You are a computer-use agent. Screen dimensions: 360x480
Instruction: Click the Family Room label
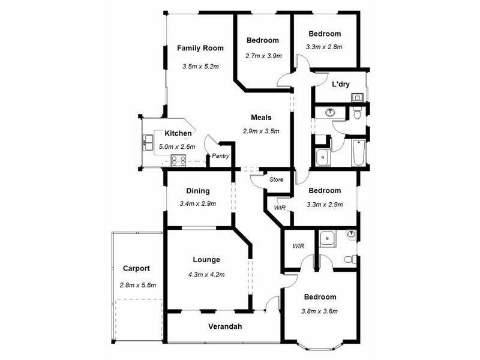200,48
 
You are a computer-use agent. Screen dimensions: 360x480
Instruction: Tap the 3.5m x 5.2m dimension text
200,66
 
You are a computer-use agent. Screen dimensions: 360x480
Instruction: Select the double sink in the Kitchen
148,143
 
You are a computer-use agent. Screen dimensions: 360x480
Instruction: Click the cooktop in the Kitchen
178,160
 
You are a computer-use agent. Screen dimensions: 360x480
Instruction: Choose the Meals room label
262,118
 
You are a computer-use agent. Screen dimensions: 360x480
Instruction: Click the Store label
276,179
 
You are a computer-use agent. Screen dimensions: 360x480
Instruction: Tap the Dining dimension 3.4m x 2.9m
197,204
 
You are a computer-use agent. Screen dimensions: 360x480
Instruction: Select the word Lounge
206,260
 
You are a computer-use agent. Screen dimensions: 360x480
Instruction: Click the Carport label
136,269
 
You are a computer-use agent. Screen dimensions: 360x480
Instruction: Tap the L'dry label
341,84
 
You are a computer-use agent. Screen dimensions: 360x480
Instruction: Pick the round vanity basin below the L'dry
330,112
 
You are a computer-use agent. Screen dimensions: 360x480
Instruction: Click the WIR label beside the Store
279,208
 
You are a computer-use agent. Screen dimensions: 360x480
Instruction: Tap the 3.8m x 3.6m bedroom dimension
320,311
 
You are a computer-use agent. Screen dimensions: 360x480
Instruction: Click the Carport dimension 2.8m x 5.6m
137,285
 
